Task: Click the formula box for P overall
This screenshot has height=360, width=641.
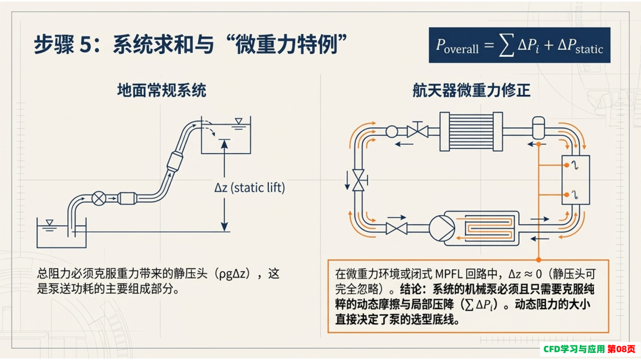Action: click(519, 45)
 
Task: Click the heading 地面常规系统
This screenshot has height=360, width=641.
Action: click(162, 90)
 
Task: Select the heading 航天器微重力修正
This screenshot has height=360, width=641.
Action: click(471, 90)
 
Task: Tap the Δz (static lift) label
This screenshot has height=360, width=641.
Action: click(249, 187)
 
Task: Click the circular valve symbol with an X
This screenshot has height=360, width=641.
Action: click(99, 198)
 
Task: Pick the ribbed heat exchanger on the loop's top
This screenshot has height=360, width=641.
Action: click(471, 132)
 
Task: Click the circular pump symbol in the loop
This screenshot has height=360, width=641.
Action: click(442, 228)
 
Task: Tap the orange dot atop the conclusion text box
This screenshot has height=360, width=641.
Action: click(539, 260)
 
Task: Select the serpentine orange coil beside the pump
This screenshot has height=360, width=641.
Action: click(485, 228)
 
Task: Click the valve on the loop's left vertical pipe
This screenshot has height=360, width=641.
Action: click(358, 180)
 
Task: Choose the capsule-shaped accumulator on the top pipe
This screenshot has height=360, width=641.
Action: click(538, 128)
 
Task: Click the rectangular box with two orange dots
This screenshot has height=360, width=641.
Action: click(576, 180)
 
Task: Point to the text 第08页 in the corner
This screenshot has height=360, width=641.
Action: click(621, 349)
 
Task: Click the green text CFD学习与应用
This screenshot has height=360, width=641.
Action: click(574, 349)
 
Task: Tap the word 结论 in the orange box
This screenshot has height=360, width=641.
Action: click(412, 289)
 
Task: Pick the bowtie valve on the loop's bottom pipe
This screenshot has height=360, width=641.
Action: click(396, 228)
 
